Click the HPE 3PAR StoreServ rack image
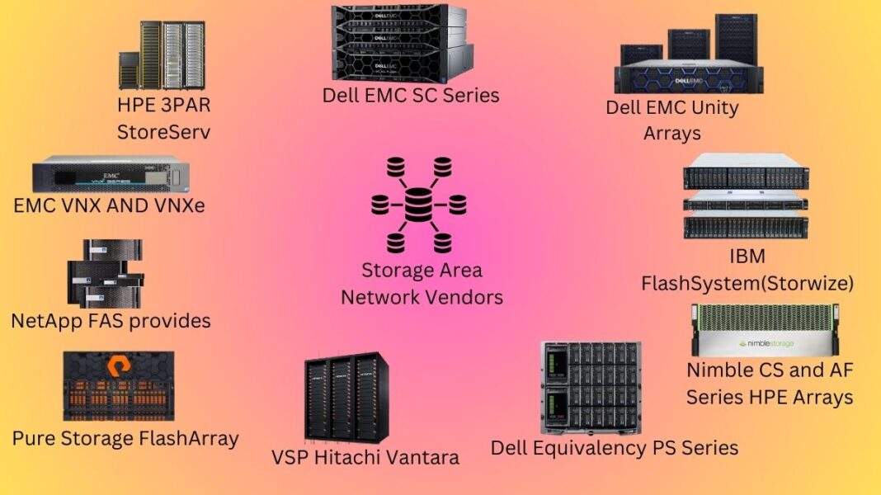[x=162, y=55]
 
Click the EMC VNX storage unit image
[x=111, y=174]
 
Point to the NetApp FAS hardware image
[x=105, y=273]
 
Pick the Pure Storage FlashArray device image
[x=118, y=386]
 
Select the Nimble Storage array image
[x=765, y=330]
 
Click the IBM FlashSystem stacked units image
[x=746, y=195]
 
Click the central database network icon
[x=419, y=204]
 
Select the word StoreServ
[x=163, y=131]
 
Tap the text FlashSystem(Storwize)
[x=747, y=284]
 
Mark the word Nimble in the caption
[x=724, y=370]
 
